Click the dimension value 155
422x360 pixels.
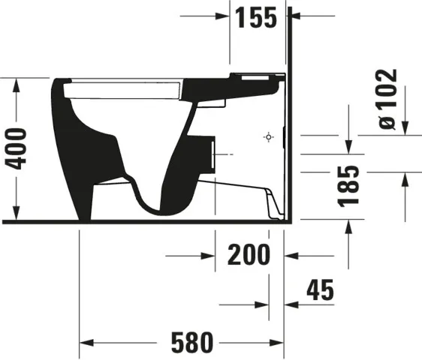[x=256, y=16]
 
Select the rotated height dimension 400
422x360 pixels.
[x=18, y=148]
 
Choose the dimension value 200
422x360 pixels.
[x=249, y=255]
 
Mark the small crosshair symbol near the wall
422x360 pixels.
[x=268, y=137]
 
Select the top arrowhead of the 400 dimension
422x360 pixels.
[x=17, y=82]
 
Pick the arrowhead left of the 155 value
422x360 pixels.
[x=223, y=15]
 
